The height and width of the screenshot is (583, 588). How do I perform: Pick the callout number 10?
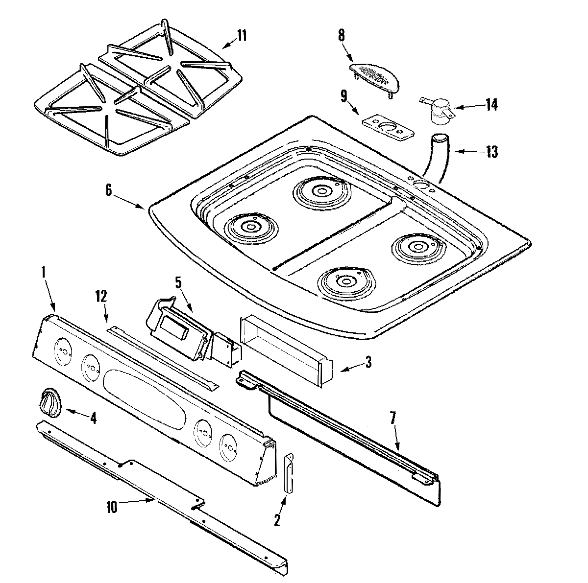[112, 508]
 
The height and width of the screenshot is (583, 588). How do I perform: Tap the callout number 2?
[277, 520]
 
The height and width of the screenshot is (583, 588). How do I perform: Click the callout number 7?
[394, 418]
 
